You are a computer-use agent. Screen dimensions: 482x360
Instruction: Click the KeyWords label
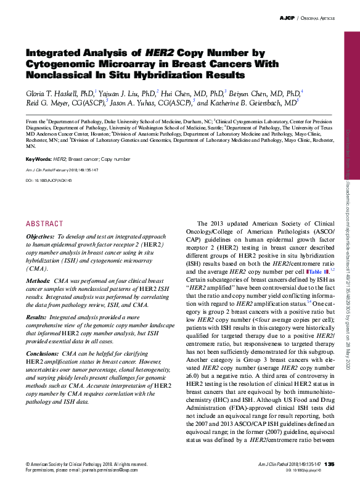click(39, 158)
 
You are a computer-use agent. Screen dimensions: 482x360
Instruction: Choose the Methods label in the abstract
click(38, 280)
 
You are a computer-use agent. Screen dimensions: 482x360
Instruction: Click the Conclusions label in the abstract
click(43, 353)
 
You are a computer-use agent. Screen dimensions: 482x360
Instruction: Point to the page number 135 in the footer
click(329, 464)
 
